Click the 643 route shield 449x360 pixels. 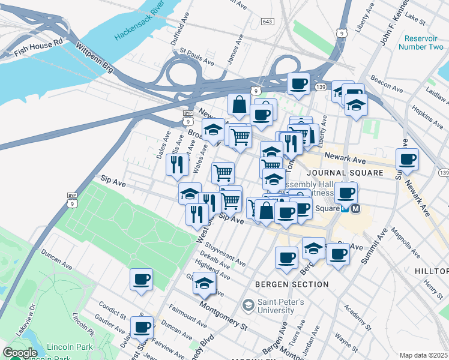[268, 22]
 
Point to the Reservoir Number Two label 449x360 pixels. [420, 42]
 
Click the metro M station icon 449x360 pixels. [355, 209]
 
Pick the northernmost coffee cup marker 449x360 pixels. [298, 84]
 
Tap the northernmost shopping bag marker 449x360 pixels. [239, 104]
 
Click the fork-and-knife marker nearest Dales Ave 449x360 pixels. [177, 164]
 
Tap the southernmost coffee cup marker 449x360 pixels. [142, 328]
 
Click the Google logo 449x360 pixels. [20, 353]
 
